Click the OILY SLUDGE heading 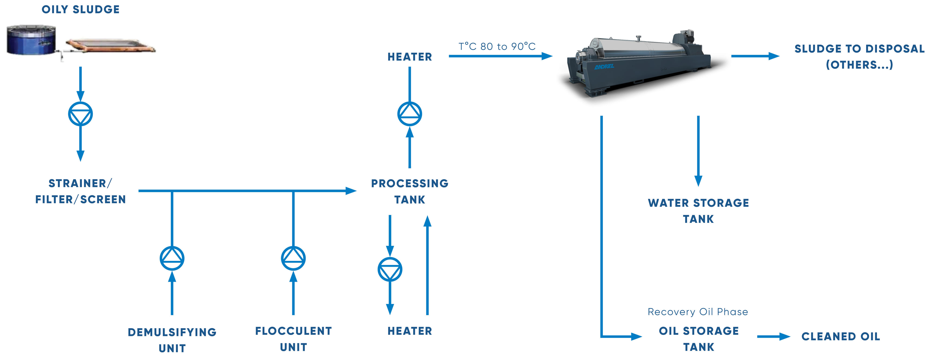(x=80, y=9)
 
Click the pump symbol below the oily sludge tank (x=80, y=114)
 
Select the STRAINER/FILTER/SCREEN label (x=80, y=191)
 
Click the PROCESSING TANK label (x=409, y=191)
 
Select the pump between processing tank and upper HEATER (x=409, y=114)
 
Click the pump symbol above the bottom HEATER (x=390, y=269)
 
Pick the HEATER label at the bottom (x=409, y=331)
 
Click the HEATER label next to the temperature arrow (x=409, y=57)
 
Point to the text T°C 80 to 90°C (x=497, y=46)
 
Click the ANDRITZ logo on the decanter (x=604, y=67)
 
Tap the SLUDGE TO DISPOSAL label (x=859, y=56)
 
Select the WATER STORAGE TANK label (x=698, y=211)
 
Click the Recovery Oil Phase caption (x=698, y=312)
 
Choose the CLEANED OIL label (x=840, y=336)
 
